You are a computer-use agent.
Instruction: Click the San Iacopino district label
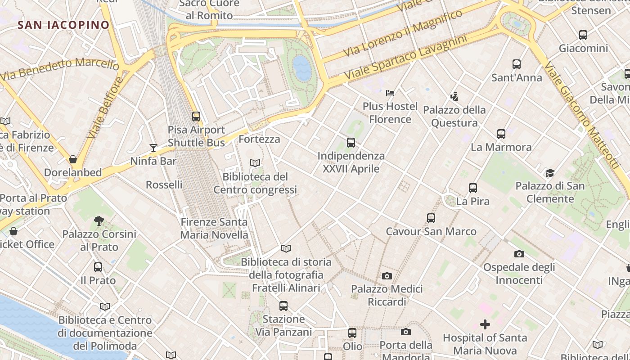[63, 25]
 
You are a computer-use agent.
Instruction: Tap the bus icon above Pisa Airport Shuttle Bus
[196, 116]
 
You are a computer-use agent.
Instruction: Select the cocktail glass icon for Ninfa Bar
[153, 148]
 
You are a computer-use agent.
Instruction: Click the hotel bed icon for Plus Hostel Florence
[390, 93]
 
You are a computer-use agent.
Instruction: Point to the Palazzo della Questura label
[454, 116]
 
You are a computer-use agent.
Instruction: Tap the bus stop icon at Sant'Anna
[517, 64]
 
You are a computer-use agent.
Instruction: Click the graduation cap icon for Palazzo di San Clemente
[550, 173]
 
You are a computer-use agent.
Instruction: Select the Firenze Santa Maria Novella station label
[214, 228]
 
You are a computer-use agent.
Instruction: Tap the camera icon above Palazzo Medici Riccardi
[387, 276]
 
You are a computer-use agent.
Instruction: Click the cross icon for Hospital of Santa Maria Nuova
[485, 324]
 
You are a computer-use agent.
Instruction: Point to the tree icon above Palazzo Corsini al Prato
[99, 220]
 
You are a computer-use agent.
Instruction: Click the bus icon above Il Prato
[98, 267]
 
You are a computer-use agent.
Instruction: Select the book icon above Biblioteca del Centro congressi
[255, 163]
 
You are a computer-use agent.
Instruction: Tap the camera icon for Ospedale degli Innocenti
[519, 254]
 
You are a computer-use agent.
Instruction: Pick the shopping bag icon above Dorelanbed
[73, 159]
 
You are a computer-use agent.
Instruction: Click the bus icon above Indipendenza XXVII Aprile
[351, 143]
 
